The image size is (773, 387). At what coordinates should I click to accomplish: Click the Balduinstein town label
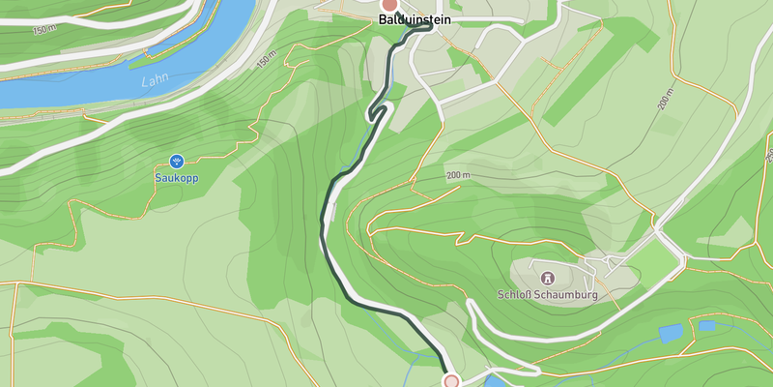coord(415,19)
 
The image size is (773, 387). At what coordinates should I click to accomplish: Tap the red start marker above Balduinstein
coord(389,4)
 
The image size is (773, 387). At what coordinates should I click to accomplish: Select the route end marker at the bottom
coord(450,381)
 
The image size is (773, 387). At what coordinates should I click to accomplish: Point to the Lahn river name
coord(154,82)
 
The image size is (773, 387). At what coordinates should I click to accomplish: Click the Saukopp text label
coord(176,178)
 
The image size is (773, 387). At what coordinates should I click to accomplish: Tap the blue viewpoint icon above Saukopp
coord(176,161)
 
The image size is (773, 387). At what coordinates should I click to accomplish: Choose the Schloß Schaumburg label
coord(548,294)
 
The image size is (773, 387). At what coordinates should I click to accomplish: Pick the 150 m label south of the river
coord(267,61)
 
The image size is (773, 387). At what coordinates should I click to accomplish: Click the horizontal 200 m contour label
coord(458,175)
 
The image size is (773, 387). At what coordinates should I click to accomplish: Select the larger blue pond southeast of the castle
coord(672,333)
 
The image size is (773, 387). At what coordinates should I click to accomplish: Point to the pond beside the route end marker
coord(494,380)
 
